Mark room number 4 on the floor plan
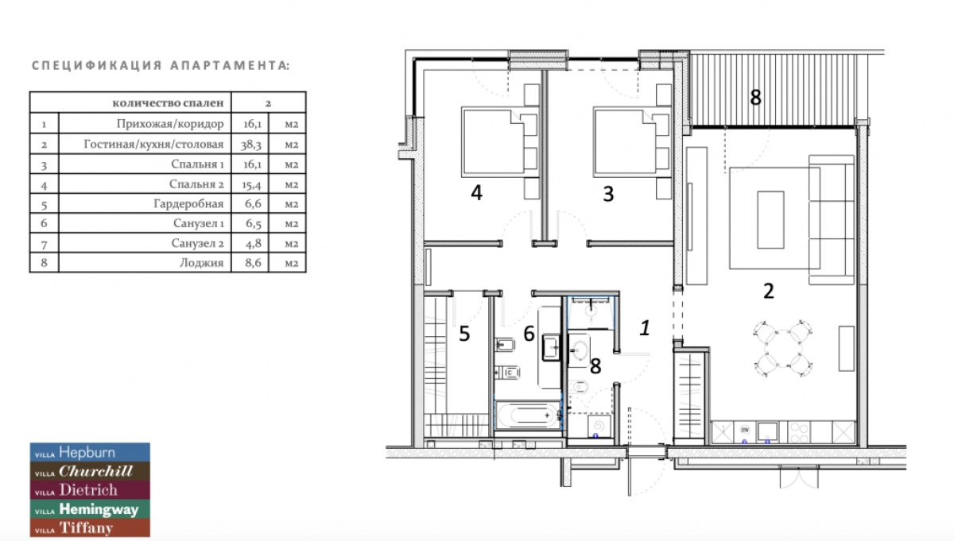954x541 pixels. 476,193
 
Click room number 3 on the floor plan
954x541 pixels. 608,193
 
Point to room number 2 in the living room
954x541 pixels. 768,291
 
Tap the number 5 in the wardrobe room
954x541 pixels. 464,334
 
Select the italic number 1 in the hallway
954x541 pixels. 646,327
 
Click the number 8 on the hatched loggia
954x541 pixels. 755,98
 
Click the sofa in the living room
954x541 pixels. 831,218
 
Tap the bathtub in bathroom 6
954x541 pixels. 526,414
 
